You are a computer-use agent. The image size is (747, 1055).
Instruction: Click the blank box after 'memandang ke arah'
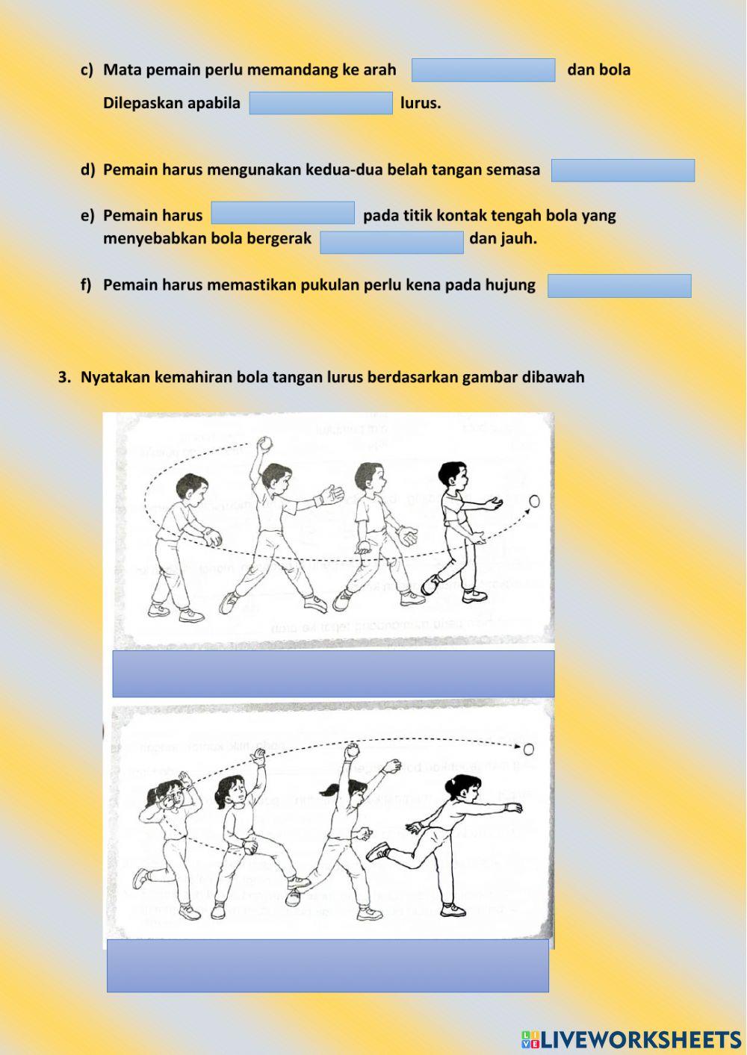[x=483, y=70]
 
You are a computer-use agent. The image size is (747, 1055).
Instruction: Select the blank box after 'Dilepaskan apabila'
[x=320, y=103]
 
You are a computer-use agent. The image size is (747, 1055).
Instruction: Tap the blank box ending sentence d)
[x=623, y=170]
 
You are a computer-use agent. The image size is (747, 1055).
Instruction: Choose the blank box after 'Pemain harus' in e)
[x=282, y=213]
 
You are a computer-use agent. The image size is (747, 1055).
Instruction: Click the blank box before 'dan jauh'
[x=391, y=243]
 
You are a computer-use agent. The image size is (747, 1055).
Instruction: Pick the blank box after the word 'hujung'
[x=619, y=286]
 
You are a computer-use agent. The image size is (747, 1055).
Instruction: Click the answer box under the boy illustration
[x=333, y=673]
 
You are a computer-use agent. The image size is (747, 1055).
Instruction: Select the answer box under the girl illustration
[x=327, y=965]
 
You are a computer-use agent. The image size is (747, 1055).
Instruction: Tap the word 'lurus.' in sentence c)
[x=421, y=103]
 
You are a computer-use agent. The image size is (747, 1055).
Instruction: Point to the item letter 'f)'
[x=86, y=285]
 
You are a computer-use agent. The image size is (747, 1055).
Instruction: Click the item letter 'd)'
[x=87, y=170]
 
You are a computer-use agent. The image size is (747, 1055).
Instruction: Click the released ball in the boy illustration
[x=534, y=501]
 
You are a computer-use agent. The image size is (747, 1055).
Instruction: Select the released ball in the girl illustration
[x=528, y=749]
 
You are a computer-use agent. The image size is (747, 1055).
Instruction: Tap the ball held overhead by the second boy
[x=263, y=443]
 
